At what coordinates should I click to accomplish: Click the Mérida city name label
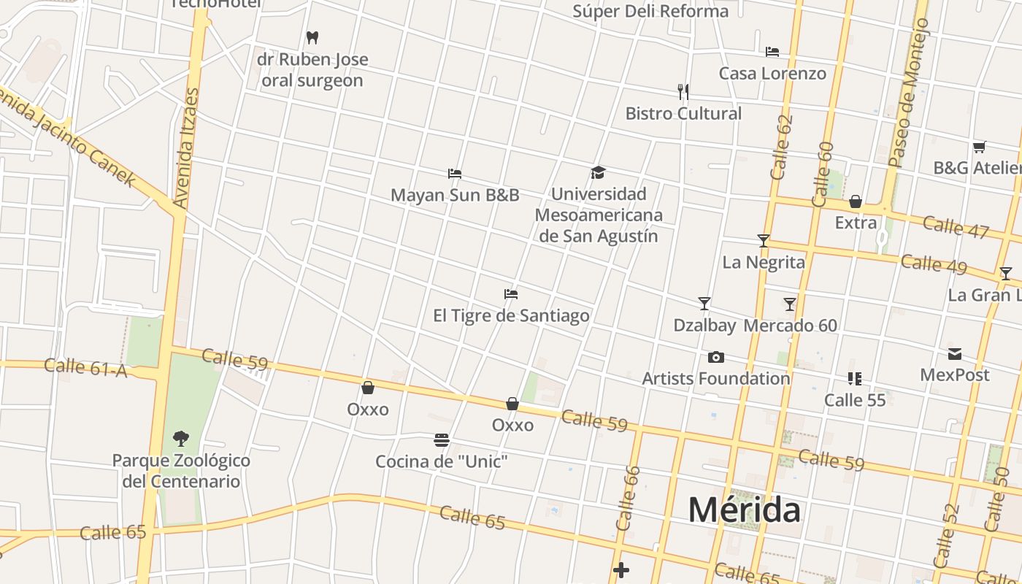[x=744, y=510]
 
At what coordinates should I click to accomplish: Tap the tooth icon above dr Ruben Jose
[x=312, y=37]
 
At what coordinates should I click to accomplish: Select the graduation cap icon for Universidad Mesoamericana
[x=599, y=173]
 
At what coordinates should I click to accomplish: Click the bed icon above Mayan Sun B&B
[x=455, y=174]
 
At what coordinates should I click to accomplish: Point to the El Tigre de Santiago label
[x=511, y=315]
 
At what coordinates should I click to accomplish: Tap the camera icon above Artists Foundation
[x=716, y=357]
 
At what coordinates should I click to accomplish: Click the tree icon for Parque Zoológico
[x=180, y=439]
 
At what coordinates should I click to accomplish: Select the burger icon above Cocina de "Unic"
[x=441, y=439]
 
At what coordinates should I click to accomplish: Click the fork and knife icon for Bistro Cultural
[x=683, y=91]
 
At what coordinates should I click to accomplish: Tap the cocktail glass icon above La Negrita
[x=764, y=240]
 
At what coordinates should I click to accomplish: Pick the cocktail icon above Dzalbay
[x=704, y=303]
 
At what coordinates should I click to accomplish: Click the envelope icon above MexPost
[x=955, y=354]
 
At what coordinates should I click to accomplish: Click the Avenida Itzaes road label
[x=188, y=148]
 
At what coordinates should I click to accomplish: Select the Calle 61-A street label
[x=85, y=367]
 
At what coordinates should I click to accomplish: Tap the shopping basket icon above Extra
[x=856, y=201]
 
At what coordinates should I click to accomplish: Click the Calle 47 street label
[x=955, y=227]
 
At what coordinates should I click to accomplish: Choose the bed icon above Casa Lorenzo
[x=772, y=52]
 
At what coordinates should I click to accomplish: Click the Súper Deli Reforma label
[x=650, y=11]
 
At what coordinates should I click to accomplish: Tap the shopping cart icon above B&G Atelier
[x=980, y=147]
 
